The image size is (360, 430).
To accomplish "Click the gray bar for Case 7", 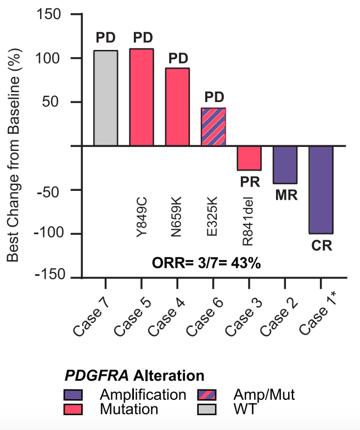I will point(105,98).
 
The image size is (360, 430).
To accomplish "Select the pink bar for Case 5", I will point(141,97).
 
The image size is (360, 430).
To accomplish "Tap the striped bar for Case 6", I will point(213,127).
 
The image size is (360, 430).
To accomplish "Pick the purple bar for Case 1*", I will point(321,189).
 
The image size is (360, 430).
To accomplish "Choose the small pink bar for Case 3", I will point(249,158).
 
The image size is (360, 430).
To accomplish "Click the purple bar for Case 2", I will point(285,165).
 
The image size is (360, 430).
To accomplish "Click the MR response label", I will point(285,195).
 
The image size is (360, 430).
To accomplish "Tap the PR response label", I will point(249,181).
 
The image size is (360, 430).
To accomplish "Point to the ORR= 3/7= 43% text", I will point(206,262).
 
